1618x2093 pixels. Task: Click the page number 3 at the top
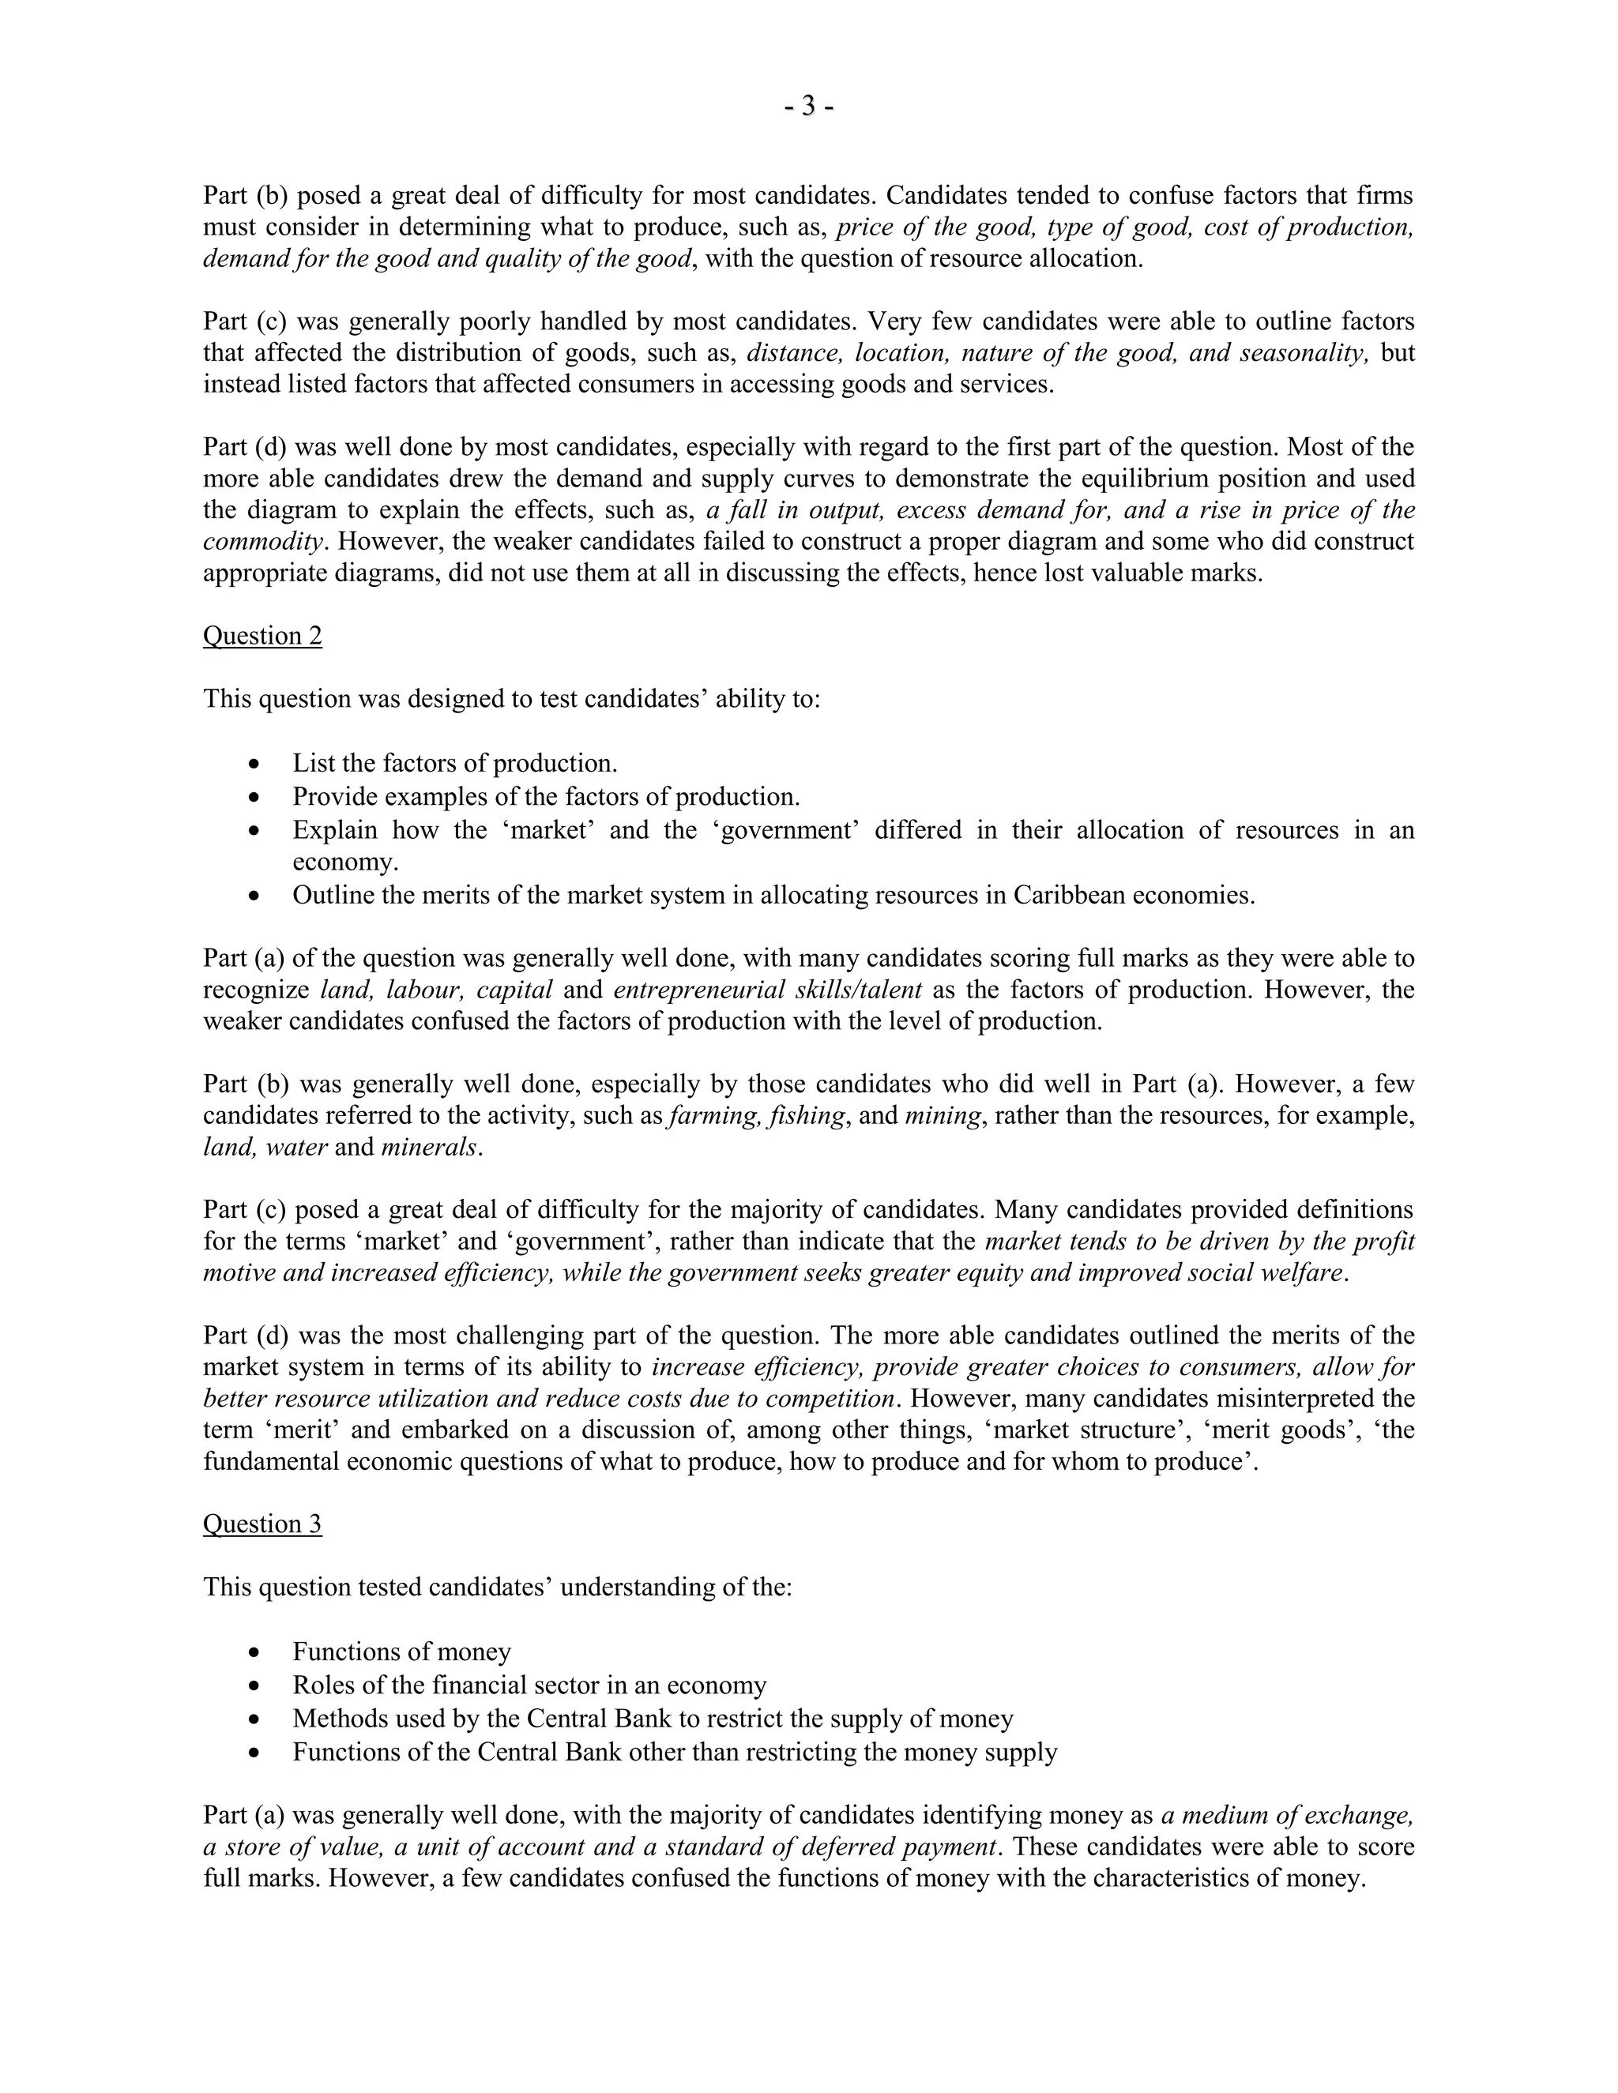pyautogui.click(x=808, y=107)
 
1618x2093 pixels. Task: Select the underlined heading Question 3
pyautogui.click(x=262, y=1524)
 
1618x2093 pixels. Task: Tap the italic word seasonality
pyautogui.click(x=1304, y=353)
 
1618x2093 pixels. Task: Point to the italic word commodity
pyautogui.click(x=262, y=542)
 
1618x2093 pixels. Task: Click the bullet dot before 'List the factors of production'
pyautogui.click(x=253, y=765)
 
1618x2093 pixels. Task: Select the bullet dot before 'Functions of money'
pyautogui.click(x=253, y=1653)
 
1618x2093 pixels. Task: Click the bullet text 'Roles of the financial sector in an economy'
pyautogui.click(x=529, y=1685)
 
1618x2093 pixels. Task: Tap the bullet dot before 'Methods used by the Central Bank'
pyautogui.click(x=253, y=1720)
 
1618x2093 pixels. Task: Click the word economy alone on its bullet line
pyautogui.click(x=345, y=862)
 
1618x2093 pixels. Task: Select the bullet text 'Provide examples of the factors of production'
pyautogui.click(x=545, y=796)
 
